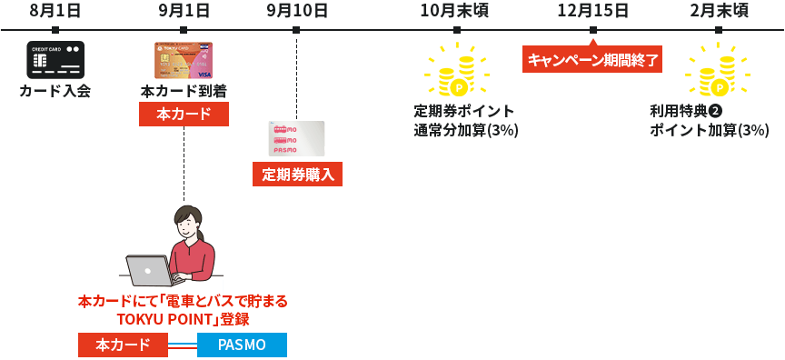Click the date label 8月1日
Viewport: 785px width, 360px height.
(x=55, y=11)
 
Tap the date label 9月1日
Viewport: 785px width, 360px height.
(x=184, y=11)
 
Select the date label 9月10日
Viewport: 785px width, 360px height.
(x=297, y=11)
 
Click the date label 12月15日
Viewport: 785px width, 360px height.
(x=592, y=11)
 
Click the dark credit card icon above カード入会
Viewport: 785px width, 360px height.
(x=55, y=60)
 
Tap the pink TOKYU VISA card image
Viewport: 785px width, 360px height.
(x=184, y=60)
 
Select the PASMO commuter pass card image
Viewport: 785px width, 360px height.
(x=296, y=138)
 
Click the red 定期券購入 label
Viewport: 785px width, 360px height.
(x=297, y=174)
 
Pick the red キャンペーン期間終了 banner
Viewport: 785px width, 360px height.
(x=591, y=60)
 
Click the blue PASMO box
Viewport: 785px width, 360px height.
(x=242, y=345)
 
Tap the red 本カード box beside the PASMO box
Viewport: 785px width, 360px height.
(x=123, y=345)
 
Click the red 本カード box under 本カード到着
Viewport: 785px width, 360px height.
(x=184, y=114)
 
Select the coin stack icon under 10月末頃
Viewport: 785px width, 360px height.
(x=457, y=72)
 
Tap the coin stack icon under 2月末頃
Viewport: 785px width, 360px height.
(x=718, y=72)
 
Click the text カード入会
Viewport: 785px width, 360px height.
(x=55, y=91)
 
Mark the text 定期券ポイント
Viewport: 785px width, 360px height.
(x=464, y=111)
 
